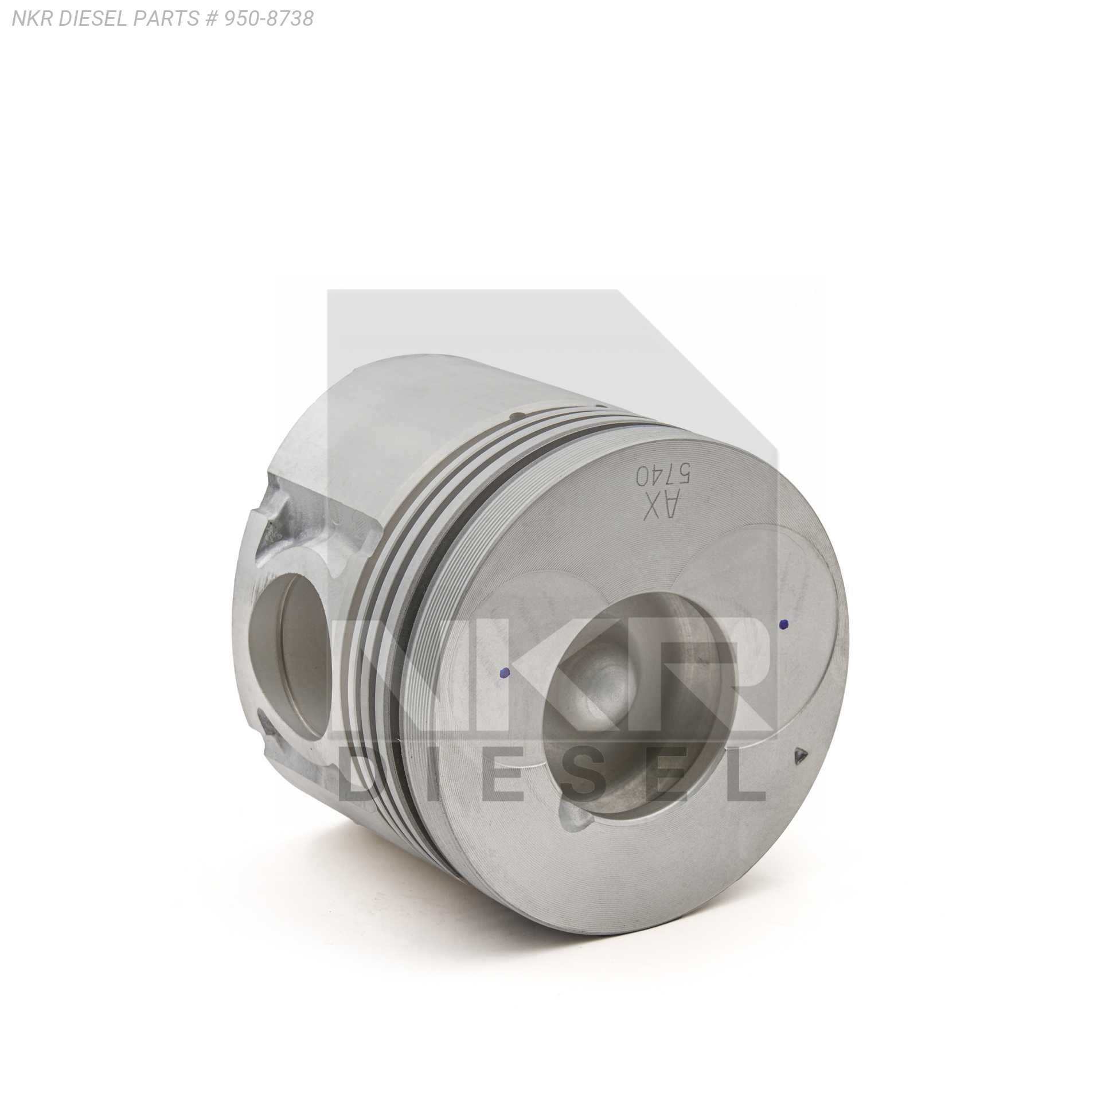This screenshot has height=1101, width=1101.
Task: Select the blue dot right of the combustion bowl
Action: click(x=784, y=624)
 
